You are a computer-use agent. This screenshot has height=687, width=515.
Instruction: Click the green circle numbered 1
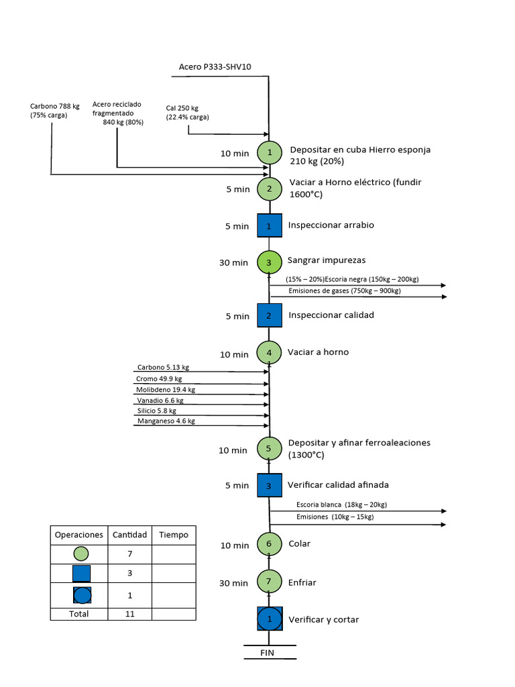(x=270, y=152)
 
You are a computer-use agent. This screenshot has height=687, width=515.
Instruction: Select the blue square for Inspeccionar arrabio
(x=269, y=225)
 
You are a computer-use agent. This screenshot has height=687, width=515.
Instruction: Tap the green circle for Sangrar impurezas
(x=269, y=262)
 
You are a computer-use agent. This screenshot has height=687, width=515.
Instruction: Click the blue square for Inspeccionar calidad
(x=269, y=315)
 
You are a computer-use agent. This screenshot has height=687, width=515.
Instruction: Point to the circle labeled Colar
(x=269, y=544)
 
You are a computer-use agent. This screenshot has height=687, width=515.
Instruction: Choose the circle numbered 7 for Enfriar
(x=269, y=582)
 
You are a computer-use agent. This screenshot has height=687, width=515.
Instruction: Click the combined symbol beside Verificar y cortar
(x=270, y=619)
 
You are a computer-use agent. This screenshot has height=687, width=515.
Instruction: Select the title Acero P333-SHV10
(x=215, y=66)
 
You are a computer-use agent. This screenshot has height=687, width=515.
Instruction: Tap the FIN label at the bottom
(x=268, y=652)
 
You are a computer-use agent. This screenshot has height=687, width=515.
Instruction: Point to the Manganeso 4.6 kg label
(x=166, y=421)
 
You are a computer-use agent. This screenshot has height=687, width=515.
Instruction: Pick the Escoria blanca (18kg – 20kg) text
(x=341, y=505)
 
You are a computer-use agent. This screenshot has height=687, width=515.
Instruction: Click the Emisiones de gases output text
(x=345, y=290)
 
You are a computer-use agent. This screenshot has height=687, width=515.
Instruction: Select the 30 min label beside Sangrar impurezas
(x=233, y=262)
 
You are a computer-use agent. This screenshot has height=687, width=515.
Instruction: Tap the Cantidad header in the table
(x=129, y=535)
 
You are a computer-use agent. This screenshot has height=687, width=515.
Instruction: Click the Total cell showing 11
(x=129, y=613)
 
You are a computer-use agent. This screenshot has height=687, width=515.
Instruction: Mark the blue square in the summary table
(x=81, y=574)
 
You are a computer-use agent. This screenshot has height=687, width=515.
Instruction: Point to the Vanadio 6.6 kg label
(x=160, y=400)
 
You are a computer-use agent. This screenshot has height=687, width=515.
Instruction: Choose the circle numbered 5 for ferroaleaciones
(x=269, y=448)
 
